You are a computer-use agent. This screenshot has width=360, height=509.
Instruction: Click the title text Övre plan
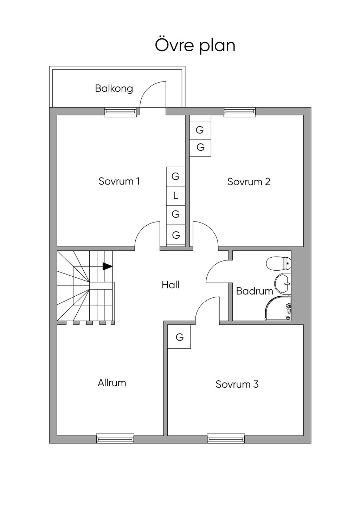click(x=195, y=46)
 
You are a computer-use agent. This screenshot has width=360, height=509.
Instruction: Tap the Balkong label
click(x=114, y=88)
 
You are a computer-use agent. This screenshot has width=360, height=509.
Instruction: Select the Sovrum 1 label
click(x=119, y=181)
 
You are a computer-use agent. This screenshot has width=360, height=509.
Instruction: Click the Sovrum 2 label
click(x=249, y=182)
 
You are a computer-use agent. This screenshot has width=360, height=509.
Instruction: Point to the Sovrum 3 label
click(x=237, y=384)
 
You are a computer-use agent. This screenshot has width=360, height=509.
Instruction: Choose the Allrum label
click(x=112, y=383)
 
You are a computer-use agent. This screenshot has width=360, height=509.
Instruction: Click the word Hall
click(x=171, y=285)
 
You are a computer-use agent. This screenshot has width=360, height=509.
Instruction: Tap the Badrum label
click(x=254, y=291)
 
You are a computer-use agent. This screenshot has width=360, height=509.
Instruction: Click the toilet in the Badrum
click(x=278, y=263)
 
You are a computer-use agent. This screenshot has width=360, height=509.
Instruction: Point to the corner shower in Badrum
click(x=278, y=308)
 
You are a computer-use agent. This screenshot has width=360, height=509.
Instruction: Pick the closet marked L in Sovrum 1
click(x=176, y=196)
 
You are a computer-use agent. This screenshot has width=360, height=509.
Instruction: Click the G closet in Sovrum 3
click(x=179, y=337)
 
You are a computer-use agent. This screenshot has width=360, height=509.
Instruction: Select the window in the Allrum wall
click(x=115, y=438)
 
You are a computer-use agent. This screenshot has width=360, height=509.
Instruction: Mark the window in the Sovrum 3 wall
click(x=226, y=438)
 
